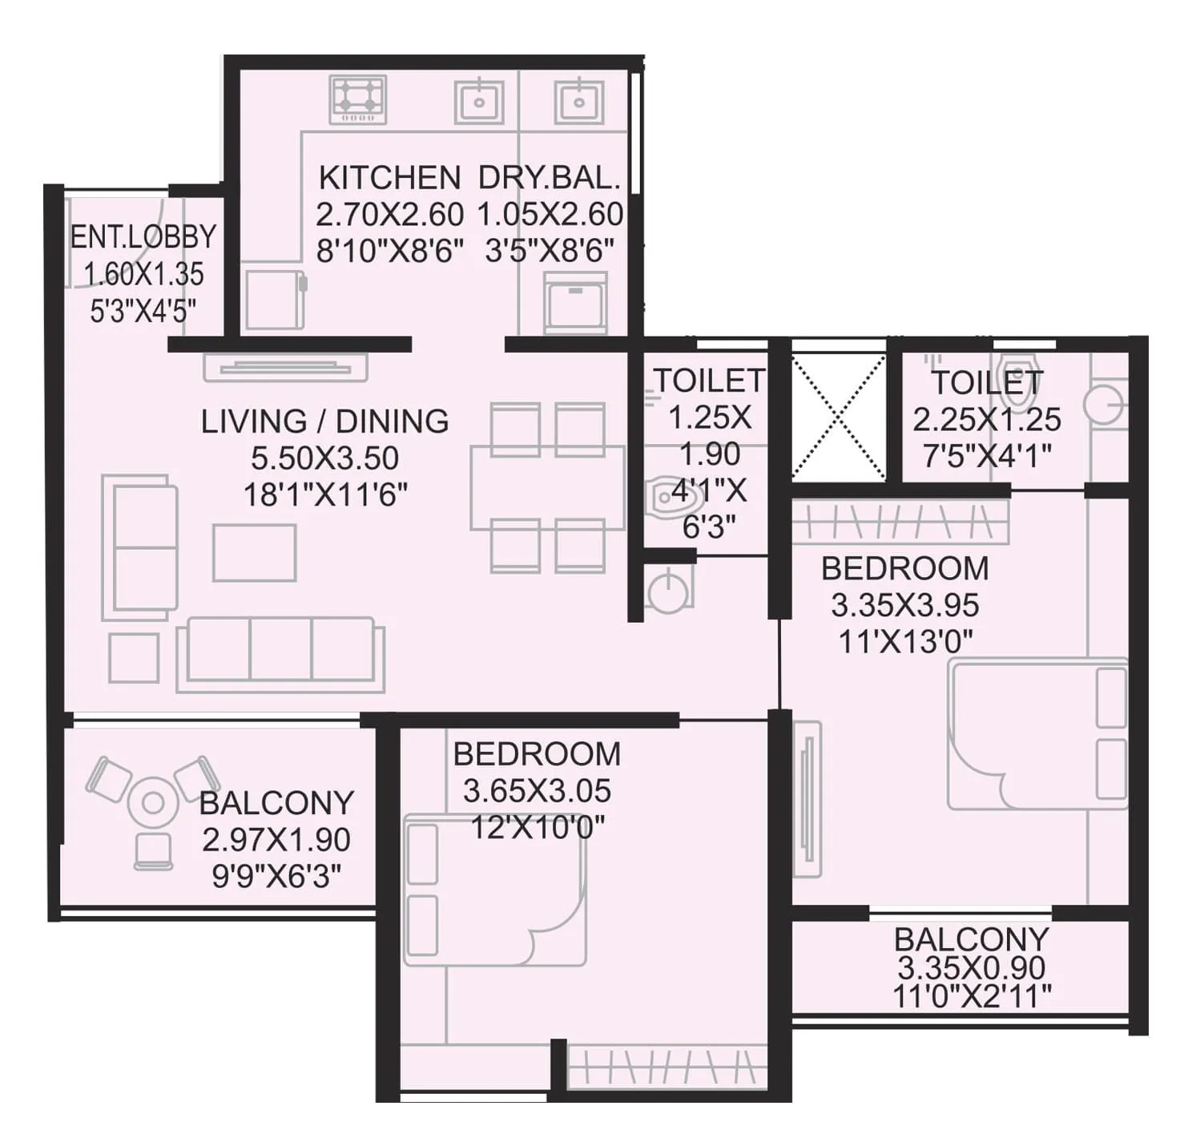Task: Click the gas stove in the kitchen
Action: click(x=357, y=100)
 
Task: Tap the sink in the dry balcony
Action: click(x=578, y=102)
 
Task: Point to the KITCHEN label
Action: click(x=389, y=177)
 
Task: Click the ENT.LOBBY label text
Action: click(x=143, y=237)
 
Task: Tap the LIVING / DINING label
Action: click(x=324, y=422)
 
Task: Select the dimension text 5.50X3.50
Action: click(x=324, y=458)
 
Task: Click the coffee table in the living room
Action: click(x=254, y=552)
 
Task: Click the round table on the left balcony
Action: click(x=153, y=802)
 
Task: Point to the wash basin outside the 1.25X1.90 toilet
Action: click(x=666, y=591)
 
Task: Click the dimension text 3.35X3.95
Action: click(x=904, y=605)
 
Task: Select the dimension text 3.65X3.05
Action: click(x=537, y=791)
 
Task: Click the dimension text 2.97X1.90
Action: click(x=276, y=840)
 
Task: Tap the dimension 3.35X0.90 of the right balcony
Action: click(x=971, y=968)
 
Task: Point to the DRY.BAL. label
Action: click(x=550, y=177)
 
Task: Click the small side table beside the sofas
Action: click(x=134, y=657)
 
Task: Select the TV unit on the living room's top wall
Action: click(x=285, y=368)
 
